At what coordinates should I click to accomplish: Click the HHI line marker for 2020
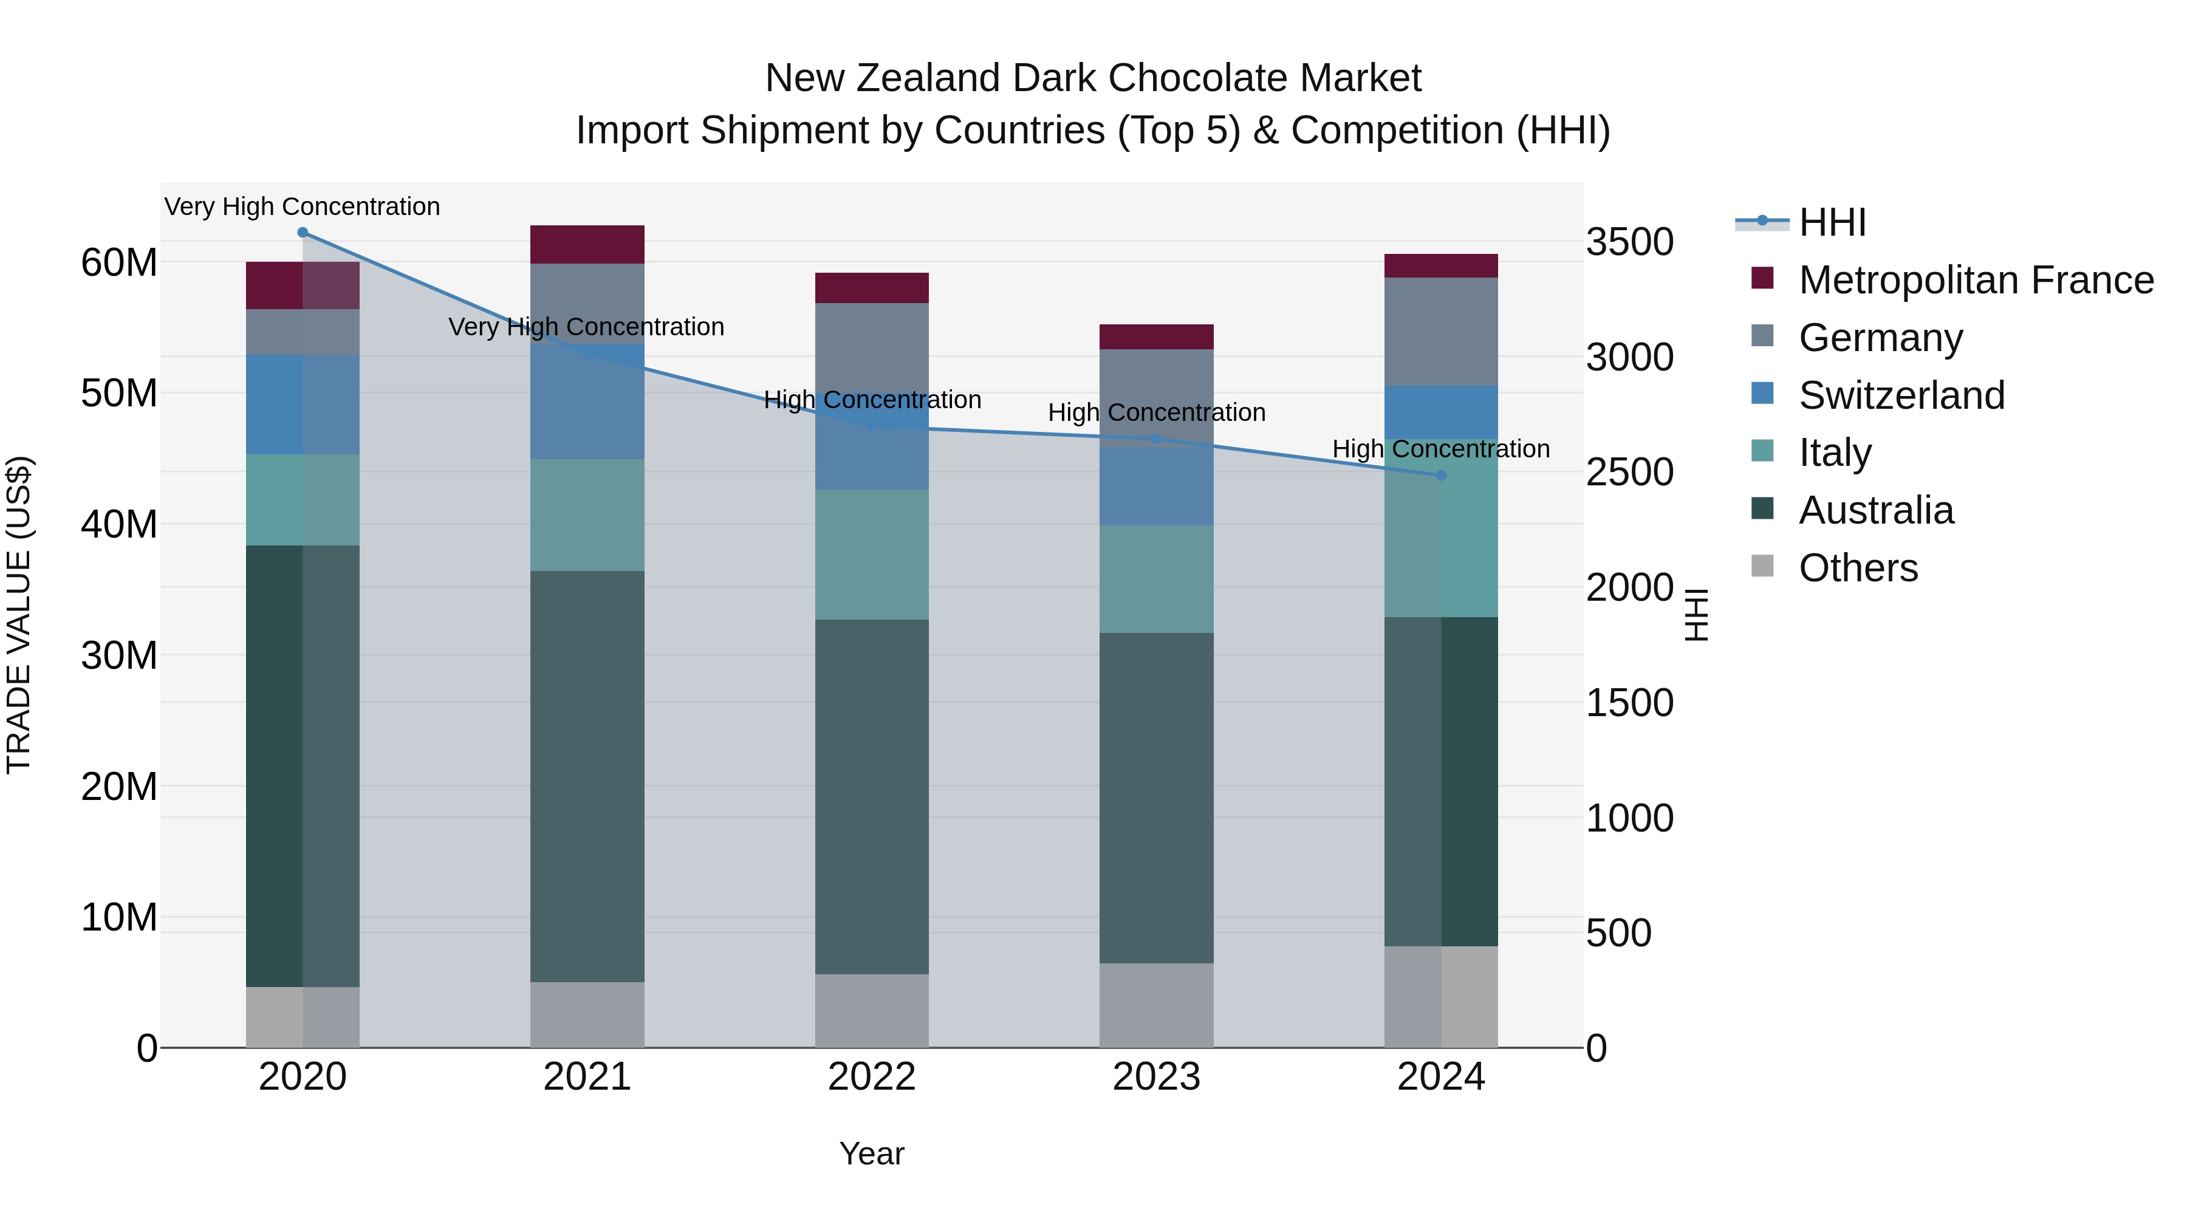(x=303, y=233)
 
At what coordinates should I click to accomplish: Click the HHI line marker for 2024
(x=1441, y=476)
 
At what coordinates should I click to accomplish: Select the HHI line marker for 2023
(x=1156, y=439)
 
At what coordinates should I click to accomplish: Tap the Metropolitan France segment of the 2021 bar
(x=587, y=244)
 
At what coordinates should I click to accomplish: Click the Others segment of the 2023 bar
(x=1156, y=1005)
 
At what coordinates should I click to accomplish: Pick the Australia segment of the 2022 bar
(x=872, y=796)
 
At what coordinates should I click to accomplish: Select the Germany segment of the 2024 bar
(x=1441, y=332)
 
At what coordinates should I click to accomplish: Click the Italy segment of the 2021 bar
(x=587, y=515)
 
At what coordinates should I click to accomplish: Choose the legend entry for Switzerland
(x=1901, y=395)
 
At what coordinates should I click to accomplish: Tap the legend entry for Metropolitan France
(x=1975, y=280)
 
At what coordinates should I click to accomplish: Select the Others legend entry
(x=1858, y=568)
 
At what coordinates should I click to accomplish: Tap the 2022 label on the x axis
(x=872, y=1077)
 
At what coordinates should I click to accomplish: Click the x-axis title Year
(x=872, y=1153)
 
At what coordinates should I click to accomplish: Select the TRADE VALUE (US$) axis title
(x=19, y=615)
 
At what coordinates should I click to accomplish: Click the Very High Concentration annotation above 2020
(x=303, y=207)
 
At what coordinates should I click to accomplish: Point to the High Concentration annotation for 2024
(x=1441, y=448)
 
